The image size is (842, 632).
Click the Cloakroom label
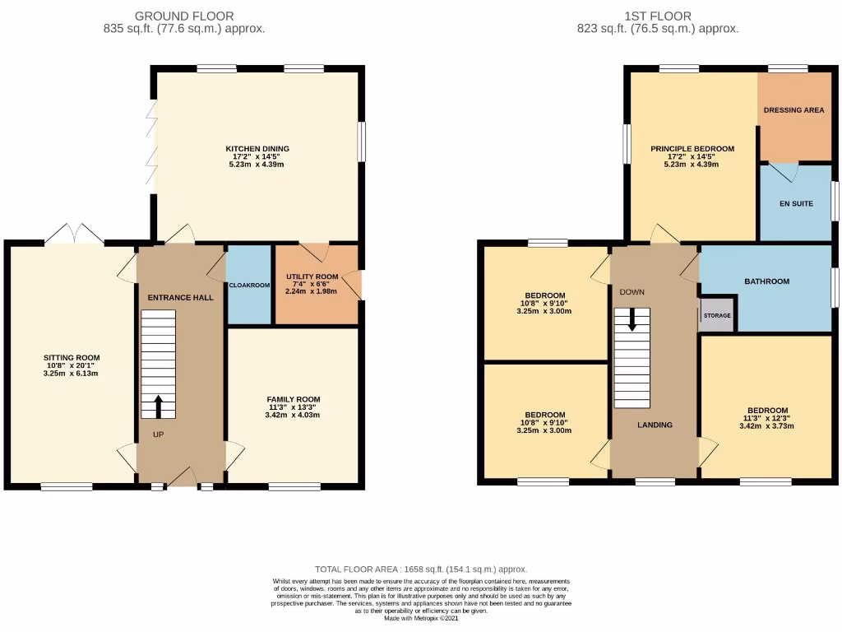point(249,285)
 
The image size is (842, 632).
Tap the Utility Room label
point(312,277)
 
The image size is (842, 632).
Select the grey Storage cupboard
point(715,315)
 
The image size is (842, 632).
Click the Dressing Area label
point(793,110)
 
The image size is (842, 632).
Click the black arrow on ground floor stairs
point(158,407)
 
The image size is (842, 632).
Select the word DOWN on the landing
point(631,292)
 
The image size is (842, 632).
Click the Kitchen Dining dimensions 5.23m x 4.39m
point(257,164)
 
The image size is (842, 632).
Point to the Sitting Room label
point(72,357)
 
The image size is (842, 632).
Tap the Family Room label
point(293,399)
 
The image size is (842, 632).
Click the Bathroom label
point(766,281)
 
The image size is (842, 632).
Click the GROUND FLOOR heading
point(183,16)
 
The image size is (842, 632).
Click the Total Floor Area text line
point(421,569)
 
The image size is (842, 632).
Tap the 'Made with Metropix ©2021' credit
point(421,618)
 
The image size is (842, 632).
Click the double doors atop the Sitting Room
point(74,235)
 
